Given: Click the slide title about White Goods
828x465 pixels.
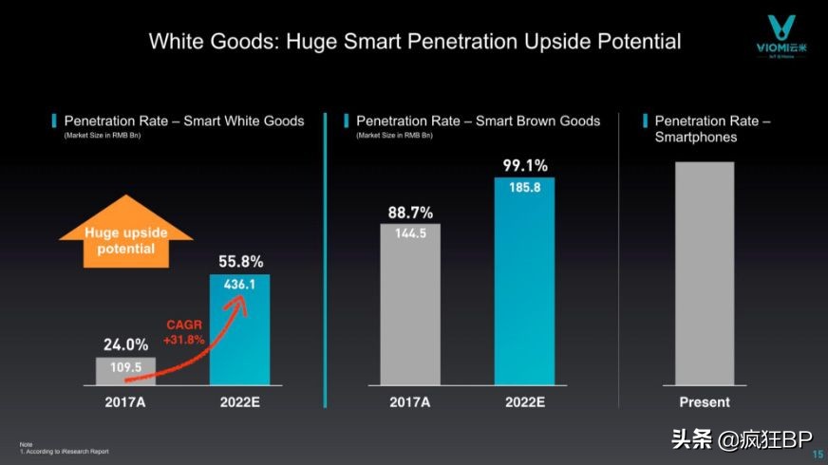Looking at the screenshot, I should [x=415, y=42].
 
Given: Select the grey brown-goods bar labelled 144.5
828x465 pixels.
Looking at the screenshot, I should [x=410, y=305].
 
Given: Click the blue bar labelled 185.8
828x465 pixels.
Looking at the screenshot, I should [x=524, y=281].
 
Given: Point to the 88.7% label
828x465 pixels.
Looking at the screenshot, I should [x=410, y=213].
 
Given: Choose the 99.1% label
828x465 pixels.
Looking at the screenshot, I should [x=524, y=166].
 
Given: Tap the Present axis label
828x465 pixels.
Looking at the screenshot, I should [x=705, y=402].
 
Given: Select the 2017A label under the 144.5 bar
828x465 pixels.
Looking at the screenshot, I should [x=410, y=402].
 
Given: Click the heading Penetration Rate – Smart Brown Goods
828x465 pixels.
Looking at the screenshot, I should [x=478, y=121].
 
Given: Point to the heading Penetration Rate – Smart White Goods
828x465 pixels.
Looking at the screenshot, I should [x=184, y=121].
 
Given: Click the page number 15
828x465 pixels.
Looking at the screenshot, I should [x=818, y=455].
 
